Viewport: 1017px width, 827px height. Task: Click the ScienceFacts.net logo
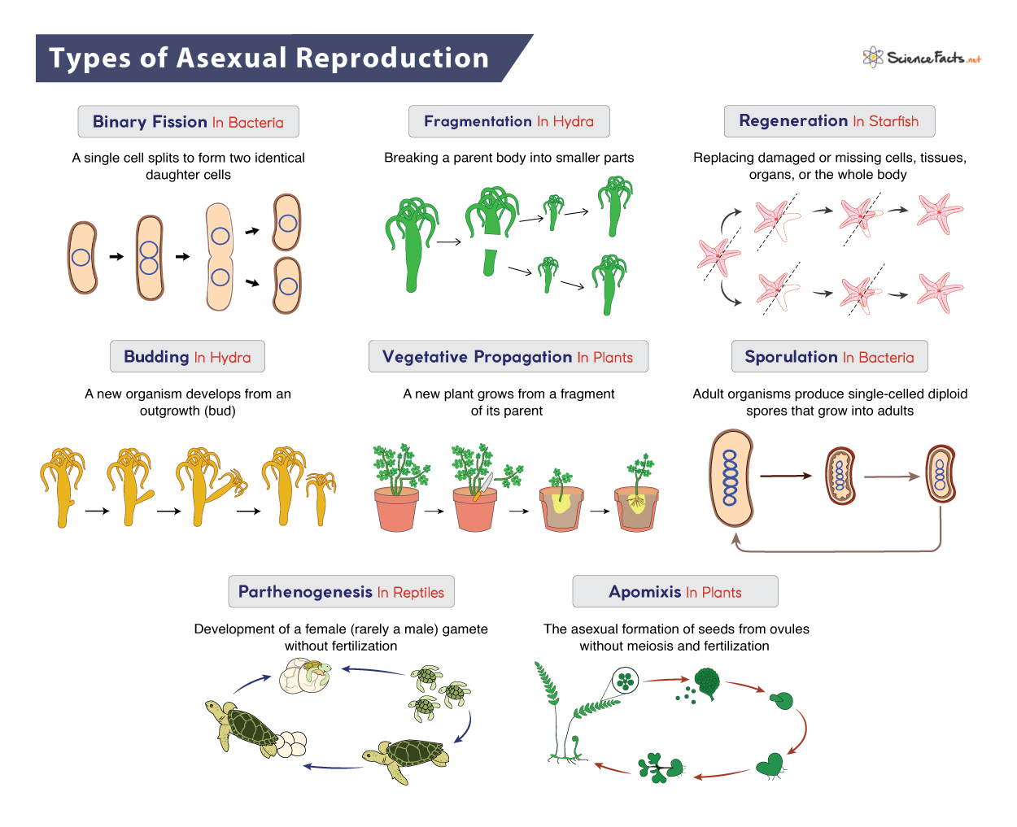pyautogui.click(x=922, y=58)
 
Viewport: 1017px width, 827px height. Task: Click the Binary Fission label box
pyautogui.click(x=188, y=122)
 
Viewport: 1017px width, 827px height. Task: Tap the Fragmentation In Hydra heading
pyautogui.click(x=508, y=122)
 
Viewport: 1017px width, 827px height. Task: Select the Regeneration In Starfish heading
pyautogui.click(x=829, y=121)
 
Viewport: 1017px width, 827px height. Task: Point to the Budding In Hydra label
pyautogui.click(x=187, y=357)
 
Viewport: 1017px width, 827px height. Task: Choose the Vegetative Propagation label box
pyautogui.click(x=508, y=357)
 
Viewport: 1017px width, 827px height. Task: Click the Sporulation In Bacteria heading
pyautogui.click(x=829, y=357)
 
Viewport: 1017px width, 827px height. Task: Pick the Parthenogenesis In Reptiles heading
pyautogui.click(x=341, y=592)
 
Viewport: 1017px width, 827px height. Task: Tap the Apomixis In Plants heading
pyautogui.click(x=674, y=592)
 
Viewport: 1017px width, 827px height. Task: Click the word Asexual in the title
pyautogui.click(x=231, y=59)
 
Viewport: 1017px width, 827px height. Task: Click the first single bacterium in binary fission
pyautogui.click(x=82, y=257)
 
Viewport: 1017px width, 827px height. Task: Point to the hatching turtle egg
pyautogui.click(x=306, y=676)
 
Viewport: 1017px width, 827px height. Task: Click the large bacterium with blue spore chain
pyautogui.click(x=731, y=478)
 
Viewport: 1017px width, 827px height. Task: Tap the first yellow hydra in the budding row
pyautogui.click(x=63, y=484)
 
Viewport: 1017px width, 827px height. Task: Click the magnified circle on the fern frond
pyautogui.click(x=625, y=681)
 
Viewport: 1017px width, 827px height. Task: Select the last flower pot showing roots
pyautogui.click(x=637, y=508)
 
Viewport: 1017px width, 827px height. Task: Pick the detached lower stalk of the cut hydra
pyautogui.click(x=489, y=263)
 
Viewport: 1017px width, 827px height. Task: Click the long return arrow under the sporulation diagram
pyautogui.click(x=838, y=550)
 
